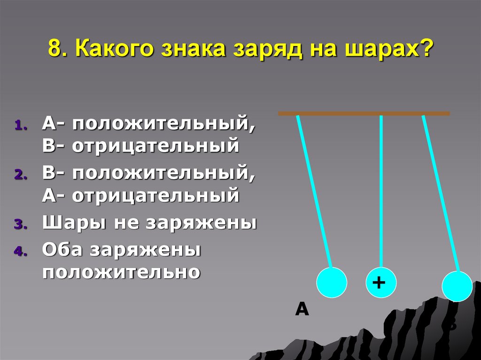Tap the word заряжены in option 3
202,222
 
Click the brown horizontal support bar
364,114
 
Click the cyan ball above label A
332,282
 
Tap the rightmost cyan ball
458,286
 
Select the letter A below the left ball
302,309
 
